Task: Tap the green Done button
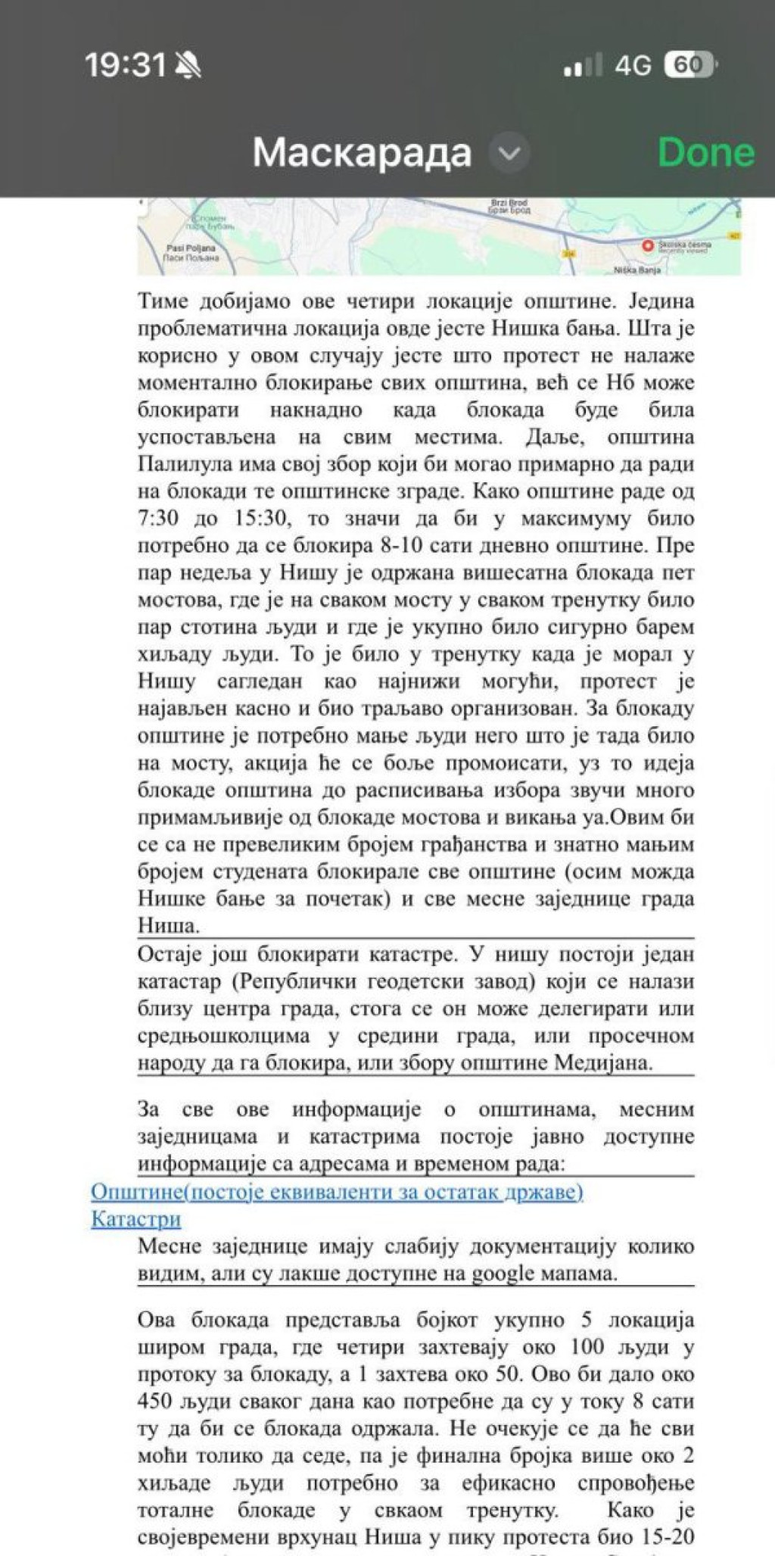[705, 152]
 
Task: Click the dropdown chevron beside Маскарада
[509, 153]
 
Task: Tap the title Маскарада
[362, 153]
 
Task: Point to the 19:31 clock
[125, 65]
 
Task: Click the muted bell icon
[188, 66]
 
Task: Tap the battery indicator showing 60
[689, 65]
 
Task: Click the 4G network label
[633, 66]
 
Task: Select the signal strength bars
[583, 67]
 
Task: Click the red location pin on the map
[648, 245]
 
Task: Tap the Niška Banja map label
[636, 270]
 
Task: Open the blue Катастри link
[136, 1219]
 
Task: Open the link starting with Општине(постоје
[337, 1192]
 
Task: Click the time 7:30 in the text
[158, 519]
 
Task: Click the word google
[503, 1274]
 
